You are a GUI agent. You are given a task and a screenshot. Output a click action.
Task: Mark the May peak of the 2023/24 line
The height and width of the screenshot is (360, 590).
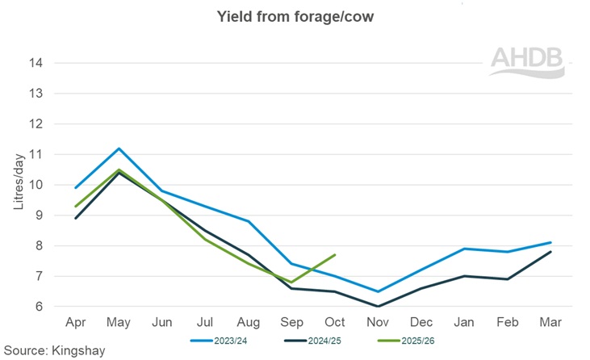click(119, 149)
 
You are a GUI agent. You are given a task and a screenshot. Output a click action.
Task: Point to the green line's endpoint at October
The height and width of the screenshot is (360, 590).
click(334, 255)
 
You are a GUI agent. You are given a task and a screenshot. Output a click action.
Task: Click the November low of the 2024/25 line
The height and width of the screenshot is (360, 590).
click(377, 306)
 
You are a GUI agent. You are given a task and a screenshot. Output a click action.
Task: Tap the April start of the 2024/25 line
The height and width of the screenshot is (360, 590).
click(76, 218)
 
